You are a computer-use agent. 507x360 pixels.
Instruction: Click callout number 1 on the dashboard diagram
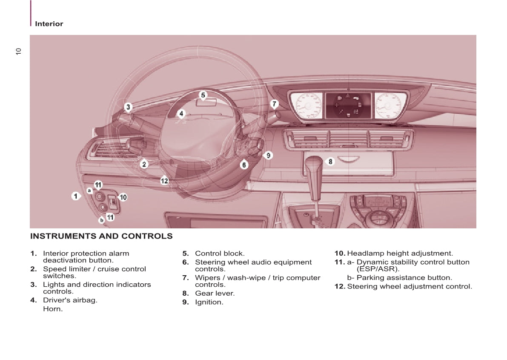[x=76, y=196]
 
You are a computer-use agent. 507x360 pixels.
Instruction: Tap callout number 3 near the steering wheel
[x=128, y=107]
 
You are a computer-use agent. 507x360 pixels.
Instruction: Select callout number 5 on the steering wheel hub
[x=203, y=95]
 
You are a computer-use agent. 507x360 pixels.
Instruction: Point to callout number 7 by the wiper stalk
[x=275, y=104]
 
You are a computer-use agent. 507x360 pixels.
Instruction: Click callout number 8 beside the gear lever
[x=330, y=161]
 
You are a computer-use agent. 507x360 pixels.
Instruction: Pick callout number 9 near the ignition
[x=268, y=156]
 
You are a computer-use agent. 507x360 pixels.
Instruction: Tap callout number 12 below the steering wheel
[x=164, y=181]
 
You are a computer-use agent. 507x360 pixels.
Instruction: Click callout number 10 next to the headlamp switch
[x=123, y=197]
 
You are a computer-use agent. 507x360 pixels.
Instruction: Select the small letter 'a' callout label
[x=89, y=190]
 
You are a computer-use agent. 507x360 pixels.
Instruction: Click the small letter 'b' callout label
[x=101, y=220]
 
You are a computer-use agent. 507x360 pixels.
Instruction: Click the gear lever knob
[x=315, y=163]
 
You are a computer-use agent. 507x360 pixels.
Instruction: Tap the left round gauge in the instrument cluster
[x=306, y=105]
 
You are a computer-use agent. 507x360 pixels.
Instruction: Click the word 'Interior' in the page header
[x=49, y=24]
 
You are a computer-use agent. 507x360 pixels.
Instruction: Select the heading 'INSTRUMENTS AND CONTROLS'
[x=101, y=236]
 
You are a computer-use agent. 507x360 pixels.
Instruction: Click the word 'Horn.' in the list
[x=53, y=309]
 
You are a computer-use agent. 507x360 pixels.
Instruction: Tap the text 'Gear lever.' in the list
[x=215, y=293]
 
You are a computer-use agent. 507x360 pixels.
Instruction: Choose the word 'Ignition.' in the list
[x=209, y=302]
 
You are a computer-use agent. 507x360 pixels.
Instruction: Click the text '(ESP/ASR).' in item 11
[x=378, y=269]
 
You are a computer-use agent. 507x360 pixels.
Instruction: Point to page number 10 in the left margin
[x=18, y=52]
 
